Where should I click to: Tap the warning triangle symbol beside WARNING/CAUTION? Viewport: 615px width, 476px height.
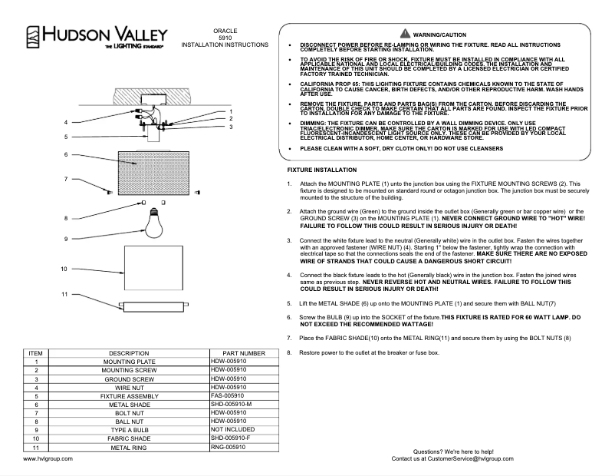405,35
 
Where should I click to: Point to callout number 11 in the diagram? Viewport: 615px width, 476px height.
65,294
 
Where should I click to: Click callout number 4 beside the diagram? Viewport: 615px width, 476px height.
66,123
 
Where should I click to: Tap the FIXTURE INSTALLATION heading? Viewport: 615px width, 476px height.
321,169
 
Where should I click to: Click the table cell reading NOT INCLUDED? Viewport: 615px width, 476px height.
233,429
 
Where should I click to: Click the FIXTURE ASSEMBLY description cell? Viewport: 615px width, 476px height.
129,395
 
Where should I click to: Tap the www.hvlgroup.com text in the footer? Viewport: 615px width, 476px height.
48,458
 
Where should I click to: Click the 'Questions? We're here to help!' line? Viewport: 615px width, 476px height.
453,451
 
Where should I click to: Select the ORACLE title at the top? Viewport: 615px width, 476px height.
225,30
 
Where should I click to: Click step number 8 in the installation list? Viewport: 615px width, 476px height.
289,352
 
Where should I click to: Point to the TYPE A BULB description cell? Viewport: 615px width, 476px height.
129,429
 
